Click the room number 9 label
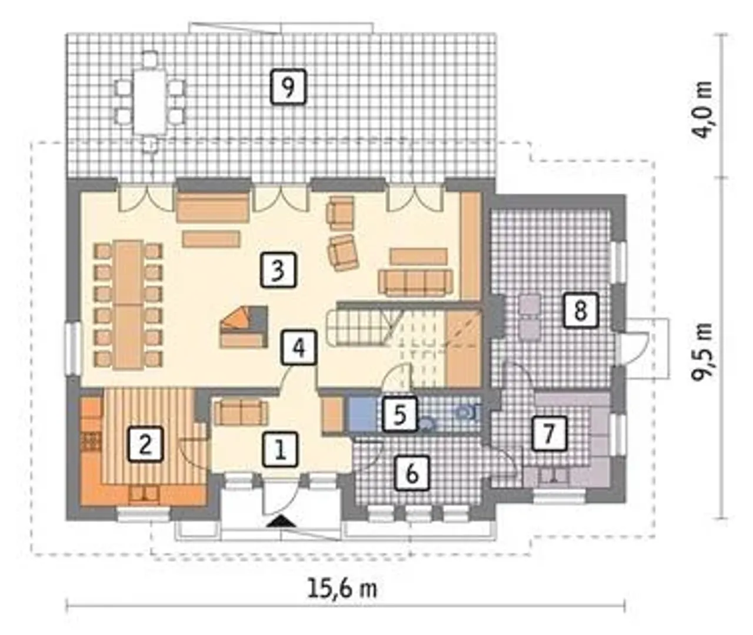point(288,87)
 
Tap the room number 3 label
point(278,270)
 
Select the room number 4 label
point(299,347)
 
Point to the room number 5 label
point(400,414)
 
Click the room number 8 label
point(580,310)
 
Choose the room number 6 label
point(412,473)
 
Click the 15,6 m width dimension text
point(342,587)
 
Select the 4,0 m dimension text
point(702,110)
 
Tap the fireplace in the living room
point(245,326)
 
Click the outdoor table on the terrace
point(150,101)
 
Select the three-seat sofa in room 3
point(415,282)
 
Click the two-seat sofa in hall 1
point(241,413)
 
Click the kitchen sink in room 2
point(144,493)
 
